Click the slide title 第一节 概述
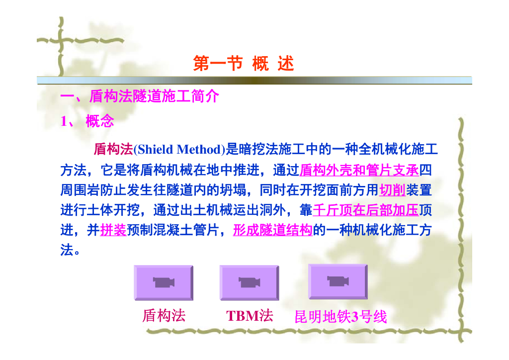point(244,63)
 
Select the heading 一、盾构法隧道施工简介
point(140,96)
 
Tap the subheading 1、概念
point(87,121)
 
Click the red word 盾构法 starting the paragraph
point(113,149)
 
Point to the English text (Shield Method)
point(179,150)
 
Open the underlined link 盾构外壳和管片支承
point(359,170)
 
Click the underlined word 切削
point(392,190)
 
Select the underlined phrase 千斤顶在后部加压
point(365,210)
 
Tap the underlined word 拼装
point(113,230)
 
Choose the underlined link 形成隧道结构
point(273,230)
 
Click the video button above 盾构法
point(164,282)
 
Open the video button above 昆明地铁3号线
point(338,281)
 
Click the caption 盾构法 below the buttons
point(164,316)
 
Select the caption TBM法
point(250,316)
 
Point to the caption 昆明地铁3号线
point(340,317)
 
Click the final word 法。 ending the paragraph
point(70,250)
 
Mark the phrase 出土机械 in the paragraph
point(206,210)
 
